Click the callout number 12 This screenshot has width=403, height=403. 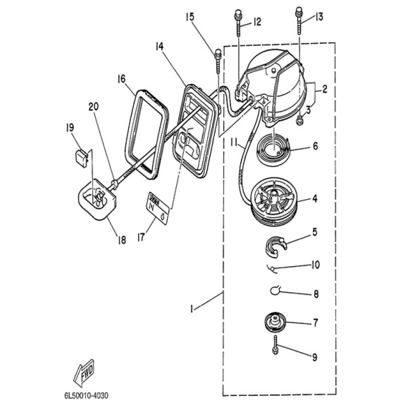pyautogui.click(x=257, y=22)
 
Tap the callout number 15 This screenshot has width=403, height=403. pyautogui.click(x=189, y=17)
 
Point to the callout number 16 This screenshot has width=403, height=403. pyautogui.click(x=121, y=79)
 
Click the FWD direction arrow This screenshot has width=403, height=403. pyautogui.click(x=84, y=372)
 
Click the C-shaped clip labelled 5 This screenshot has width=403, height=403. pyautogui.click(x=276, y=245)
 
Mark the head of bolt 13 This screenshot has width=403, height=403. pyautogui.click(x=299, y=10)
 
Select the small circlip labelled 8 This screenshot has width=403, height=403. pyautogui.click(x=276, y=290)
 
